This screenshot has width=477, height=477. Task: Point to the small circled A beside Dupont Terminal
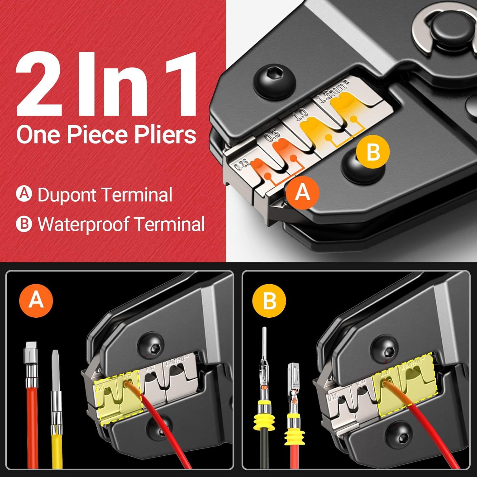[24, 194]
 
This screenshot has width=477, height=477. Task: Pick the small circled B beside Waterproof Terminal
[24, 224]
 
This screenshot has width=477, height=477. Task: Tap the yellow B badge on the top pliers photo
[373, 152]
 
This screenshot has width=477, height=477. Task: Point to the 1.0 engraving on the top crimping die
[302, 114]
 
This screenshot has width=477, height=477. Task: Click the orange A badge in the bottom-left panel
[36, 299]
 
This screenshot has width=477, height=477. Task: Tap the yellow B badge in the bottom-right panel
[269, 301]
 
